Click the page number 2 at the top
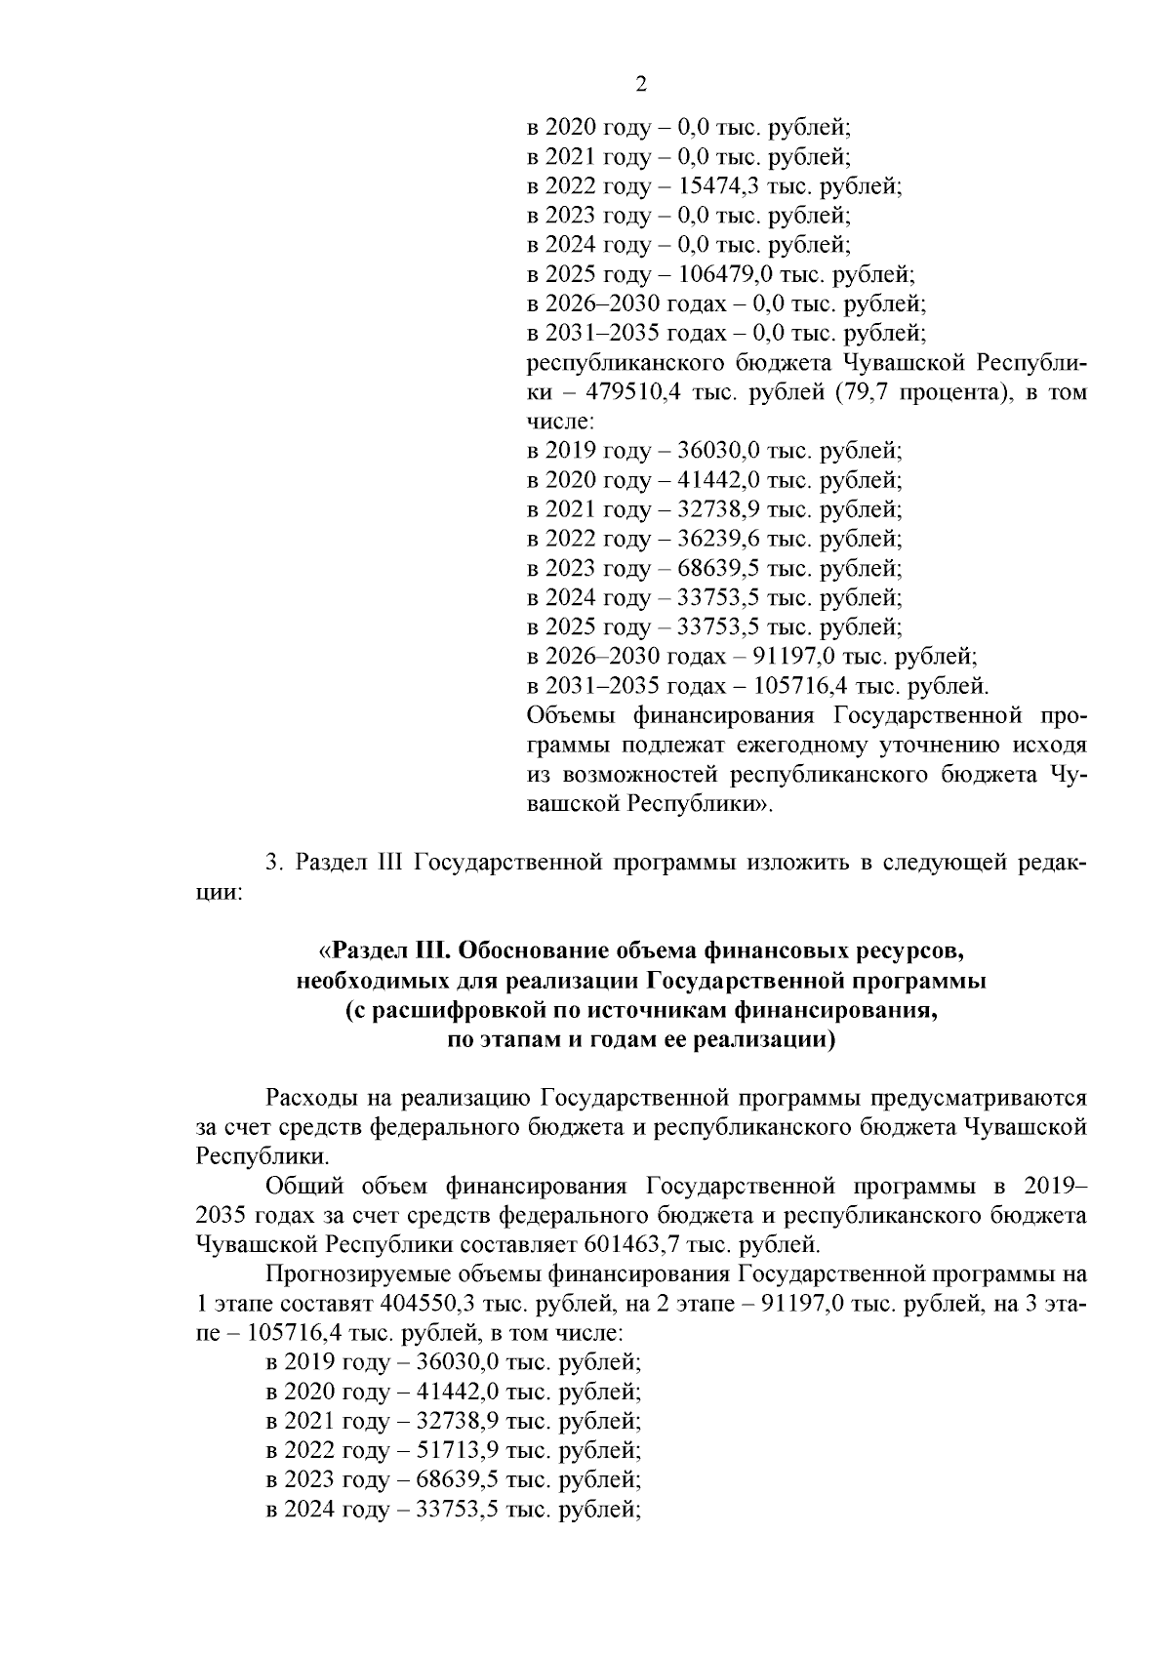641,84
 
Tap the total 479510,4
637,392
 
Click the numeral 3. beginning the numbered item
273,863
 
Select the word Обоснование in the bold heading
520,950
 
